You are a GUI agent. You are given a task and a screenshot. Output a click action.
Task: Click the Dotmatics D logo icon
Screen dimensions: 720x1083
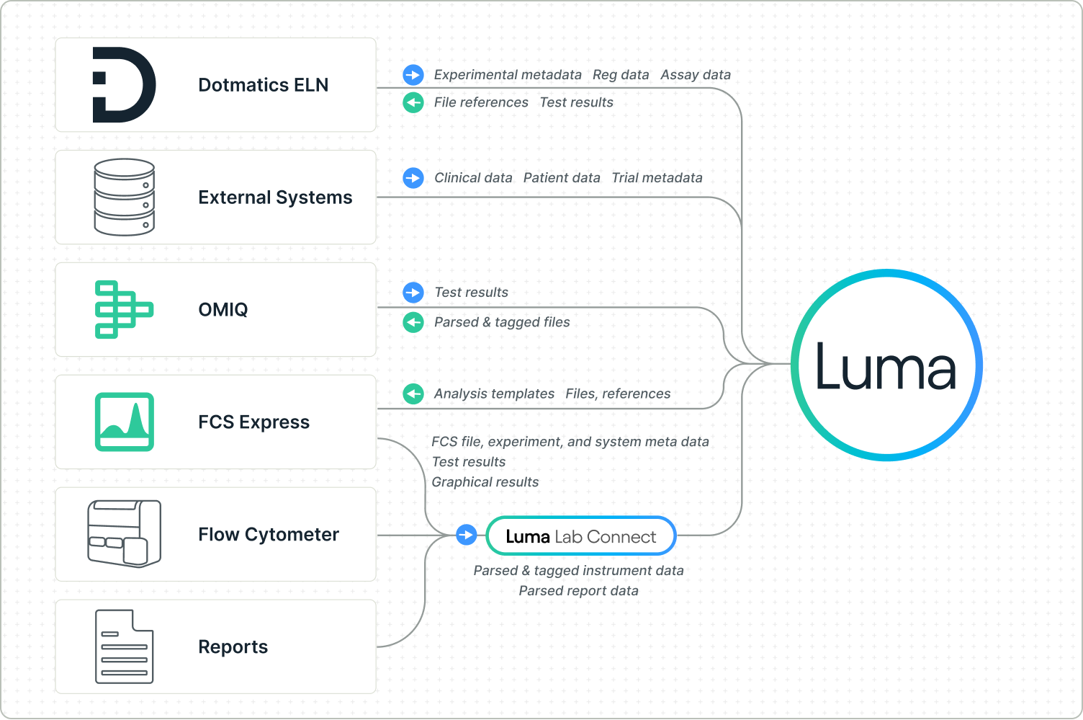coord(124,85)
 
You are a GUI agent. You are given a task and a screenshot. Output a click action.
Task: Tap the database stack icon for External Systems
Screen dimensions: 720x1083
coord(124,197)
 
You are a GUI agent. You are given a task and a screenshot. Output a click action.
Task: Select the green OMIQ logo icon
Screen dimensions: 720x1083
coord(124,309)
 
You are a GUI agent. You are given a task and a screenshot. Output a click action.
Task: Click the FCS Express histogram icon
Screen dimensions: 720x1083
coord(124,422)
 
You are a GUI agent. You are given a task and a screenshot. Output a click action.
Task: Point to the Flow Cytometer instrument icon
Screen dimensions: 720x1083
coord(124,534)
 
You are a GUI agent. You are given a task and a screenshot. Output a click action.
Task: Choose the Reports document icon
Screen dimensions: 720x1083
coord(124,646)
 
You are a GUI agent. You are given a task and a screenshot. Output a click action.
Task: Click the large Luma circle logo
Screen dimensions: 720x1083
coord(886,365)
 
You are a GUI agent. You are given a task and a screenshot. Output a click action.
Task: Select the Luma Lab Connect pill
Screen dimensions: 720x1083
coord(581,536)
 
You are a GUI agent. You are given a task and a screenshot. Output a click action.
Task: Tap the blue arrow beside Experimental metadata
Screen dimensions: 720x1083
coord(413,75)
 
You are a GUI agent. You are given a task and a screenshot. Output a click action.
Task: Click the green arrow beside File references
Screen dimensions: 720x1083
coord(413,103)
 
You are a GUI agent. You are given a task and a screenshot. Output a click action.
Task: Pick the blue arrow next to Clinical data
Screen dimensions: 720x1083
coord(413,178)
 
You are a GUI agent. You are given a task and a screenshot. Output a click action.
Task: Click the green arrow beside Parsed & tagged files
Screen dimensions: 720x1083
coord(413,322)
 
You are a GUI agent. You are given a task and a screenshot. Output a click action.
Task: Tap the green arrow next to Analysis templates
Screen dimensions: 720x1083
coord(413,394)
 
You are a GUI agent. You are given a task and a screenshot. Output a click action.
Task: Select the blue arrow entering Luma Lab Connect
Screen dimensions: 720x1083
coord(467,535)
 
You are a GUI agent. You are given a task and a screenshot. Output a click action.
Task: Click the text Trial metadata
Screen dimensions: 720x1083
coord(657,178)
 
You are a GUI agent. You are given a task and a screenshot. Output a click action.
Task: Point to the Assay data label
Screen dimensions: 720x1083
coord(695,75)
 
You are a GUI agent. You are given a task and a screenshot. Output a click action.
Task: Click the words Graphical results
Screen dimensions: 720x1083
coord(485,482)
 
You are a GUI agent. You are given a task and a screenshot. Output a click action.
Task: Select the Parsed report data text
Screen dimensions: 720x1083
coord(578,591)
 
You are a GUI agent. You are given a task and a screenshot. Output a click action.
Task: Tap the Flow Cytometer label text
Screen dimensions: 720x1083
coord(268,535)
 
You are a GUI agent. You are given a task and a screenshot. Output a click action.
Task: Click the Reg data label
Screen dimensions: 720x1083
coord(620,75)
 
